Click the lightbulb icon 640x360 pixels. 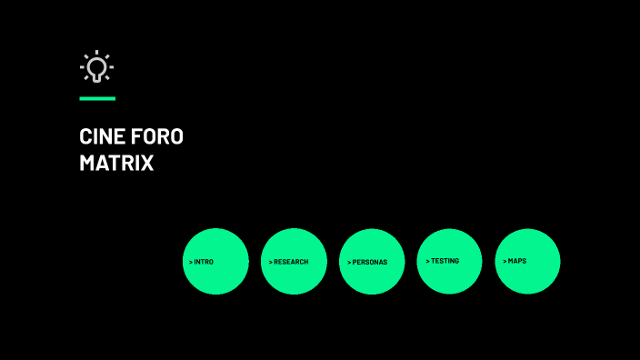[x=96, y=67]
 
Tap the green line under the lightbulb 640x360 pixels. [x=97, y=98]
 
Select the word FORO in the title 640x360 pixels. [x=157, y=137]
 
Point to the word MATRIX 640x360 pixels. [x=116, y=165]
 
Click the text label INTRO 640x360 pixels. [x=205, y=262]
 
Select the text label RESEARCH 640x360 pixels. [x=291, y=262]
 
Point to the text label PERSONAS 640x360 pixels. [x=370, y=262]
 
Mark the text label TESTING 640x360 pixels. [x=445, y=261]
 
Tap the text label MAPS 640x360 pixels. [x=517, y=261]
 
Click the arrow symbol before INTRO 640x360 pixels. [x=191, y=262]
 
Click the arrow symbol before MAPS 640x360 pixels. [x=505, y=261]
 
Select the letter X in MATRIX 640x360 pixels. [x=147, y=165]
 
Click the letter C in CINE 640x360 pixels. [x=85, y=137]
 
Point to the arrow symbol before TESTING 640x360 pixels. [x=427, y=261]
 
